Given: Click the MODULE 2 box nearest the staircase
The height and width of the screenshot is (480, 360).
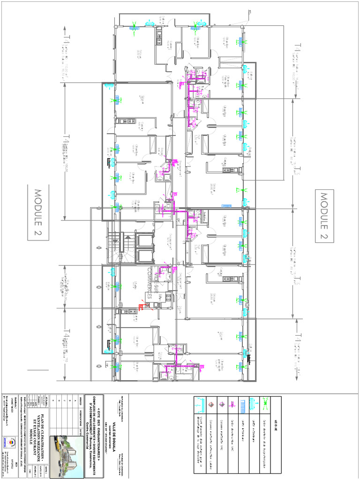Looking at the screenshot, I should tap(37, 214).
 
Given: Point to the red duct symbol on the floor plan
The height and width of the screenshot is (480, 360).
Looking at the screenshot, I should tap(142, 307).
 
